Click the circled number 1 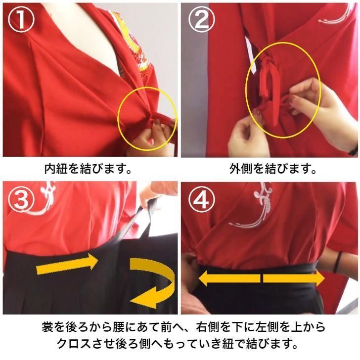point(21,20)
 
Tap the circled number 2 point(202,20)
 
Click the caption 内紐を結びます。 point(88,169)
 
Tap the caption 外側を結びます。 point(273,169)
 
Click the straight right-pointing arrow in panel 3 point(67,265)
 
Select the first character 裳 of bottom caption point(47,327)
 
